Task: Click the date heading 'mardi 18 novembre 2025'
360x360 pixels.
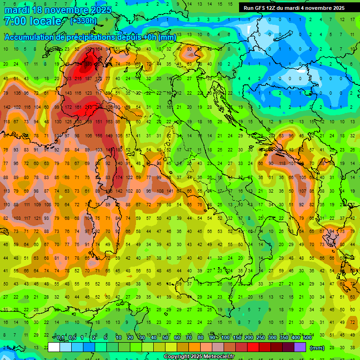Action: coord(58,10)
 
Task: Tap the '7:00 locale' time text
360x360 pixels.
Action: coord(32,21)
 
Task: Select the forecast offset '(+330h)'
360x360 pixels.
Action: coord(83,21)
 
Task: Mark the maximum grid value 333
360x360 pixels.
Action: coord(88,64)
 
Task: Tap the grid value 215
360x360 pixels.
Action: coord(78,78)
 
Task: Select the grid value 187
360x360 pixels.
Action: coord(88,78)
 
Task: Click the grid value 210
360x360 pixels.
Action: coord(88,107)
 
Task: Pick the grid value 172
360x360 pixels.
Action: coord(68,107)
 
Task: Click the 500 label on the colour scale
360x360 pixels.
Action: coord(307,338)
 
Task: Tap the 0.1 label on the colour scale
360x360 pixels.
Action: coord(60,338)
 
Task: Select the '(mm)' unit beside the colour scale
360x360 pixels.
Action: coord(317,348)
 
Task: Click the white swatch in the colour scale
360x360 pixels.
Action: coord(54,347)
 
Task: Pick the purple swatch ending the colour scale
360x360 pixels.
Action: coord(300,347)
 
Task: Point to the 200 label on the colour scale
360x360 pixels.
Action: coord(248,338)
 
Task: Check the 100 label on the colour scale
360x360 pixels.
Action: coord(225,338)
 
